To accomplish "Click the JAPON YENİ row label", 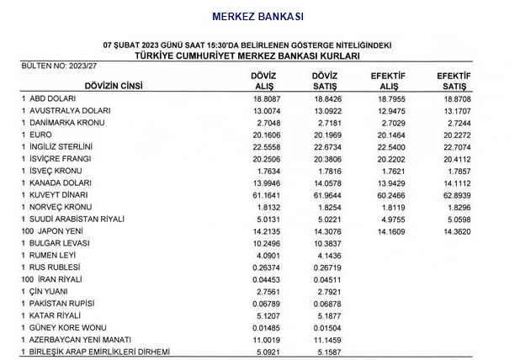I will point(59,231).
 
